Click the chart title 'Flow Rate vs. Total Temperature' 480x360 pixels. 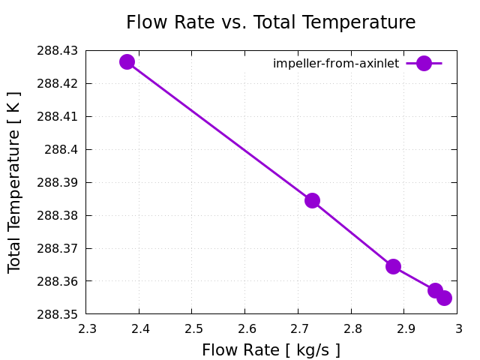click(271, 22)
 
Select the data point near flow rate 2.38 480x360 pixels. click(127, 61)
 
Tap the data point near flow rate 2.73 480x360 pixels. click(312, 200)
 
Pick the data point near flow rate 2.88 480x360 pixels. click(393, 266)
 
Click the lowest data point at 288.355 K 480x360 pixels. click(444, 298)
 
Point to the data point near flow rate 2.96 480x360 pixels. click(435, 290)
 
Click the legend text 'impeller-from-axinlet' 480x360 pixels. click(336, 64)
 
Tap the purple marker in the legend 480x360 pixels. click(424, 64)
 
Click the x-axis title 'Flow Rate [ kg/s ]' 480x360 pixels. click(271, 350)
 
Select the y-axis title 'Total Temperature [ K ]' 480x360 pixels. click(15, 182)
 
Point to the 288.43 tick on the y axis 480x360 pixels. click(57, 51)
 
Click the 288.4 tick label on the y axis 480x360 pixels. click(61, 149)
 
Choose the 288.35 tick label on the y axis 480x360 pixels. click(57, 314)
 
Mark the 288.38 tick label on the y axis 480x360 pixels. click(57, 215)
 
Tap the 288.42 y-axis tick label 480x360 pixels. click(57, 83)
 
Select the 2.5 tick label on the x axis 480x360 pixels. click(192, 328)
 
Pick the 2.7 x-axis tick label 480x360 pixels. click(298, 328)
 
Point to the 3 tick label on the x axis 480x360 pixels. click(457, 328)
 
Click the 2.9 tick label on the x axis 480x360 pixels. click(405, 328)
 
